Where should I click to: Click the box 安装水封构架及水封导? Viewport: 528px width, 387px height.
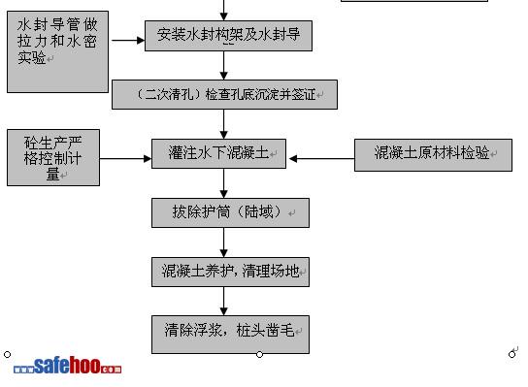tap(228, 36)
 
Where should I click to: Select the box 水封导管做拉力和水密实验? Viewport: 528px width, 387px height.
tap(57, 51)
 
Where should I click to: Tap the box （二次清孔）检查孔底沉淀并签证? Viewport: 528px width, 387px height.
tap(224, 94)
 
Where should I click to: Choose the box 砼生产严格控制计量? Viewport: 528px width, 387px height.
tap(53, 157)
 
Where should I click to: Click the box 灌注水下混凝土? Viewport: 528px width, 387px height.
tap(219, 153)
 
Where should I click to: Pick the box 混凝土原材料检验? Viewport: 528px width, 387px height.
tap(434, 155)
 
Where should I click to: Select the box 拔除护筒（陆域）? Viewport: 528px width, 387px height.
tap(230, 212)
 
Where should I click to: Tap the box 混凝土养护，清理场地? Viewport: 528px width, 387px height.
tap(230, 272)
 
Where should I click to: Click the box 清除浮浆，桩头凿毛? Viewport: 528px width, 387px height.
tap(230, 335)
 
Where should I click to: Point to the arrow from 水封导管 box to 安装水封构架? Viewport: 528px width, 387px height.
tap(128, 41)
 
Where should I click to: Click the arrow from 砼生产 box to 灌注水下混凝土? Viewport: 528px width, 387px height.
tap(125, 158)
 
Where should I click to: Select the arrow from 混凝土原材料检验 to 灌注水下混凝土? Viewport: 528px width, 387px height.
tap(322, 158)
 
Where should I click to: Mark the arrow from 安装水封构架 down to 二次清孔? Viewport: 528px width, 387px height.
tap(223, 65)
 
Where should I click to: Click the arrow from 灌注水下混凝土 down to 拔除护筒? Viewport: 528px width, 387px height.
tap(223, 183)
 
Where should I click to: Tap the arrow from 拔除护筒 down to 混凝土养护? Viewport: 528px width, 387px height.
tap(223, 242)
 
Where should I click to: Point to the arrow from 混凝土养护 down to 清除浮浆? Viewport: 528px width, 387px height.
tap(223, 302)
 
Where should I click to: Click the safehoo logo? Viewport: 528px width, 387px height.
tap(67, 366)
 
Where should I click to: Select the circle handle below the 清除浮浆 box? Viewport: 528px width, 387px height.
tap(259, 354)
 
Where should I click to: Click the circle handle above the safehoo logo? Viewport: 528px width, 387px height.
tap(7, 354)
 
